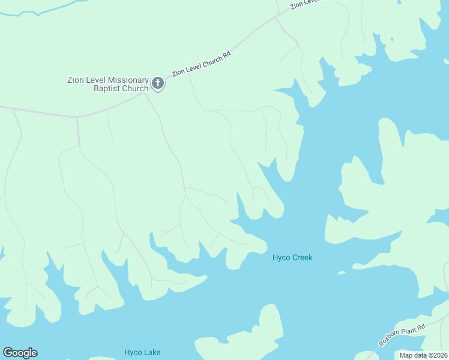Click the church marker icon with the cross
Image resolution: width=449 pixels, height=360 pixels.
tap(158, 83)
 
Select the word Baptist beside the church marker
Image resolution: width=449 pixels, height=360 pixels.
tap(108, 89)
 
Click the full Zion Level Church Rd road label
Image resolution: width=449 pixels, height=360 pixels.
tap(201, 64)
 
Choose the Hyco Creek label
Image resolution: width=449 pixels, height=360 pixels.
tap(292, 258)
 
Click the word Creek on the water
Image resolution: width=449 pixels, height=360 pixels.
tap(303, 258)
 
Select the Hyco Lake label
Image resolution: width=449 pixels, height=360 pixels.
tap(142, 352)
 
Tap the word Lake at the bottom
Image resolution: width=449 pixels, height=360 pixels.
tap(152, 352)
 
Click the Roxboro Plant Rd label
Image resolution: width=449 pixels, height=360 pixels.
tap(402, 335)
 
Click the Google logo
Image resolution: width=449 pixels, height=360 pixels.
tap(20, 353)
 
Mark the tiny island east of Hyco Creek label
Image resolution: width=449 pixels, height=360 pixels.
tap(342, 273)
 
